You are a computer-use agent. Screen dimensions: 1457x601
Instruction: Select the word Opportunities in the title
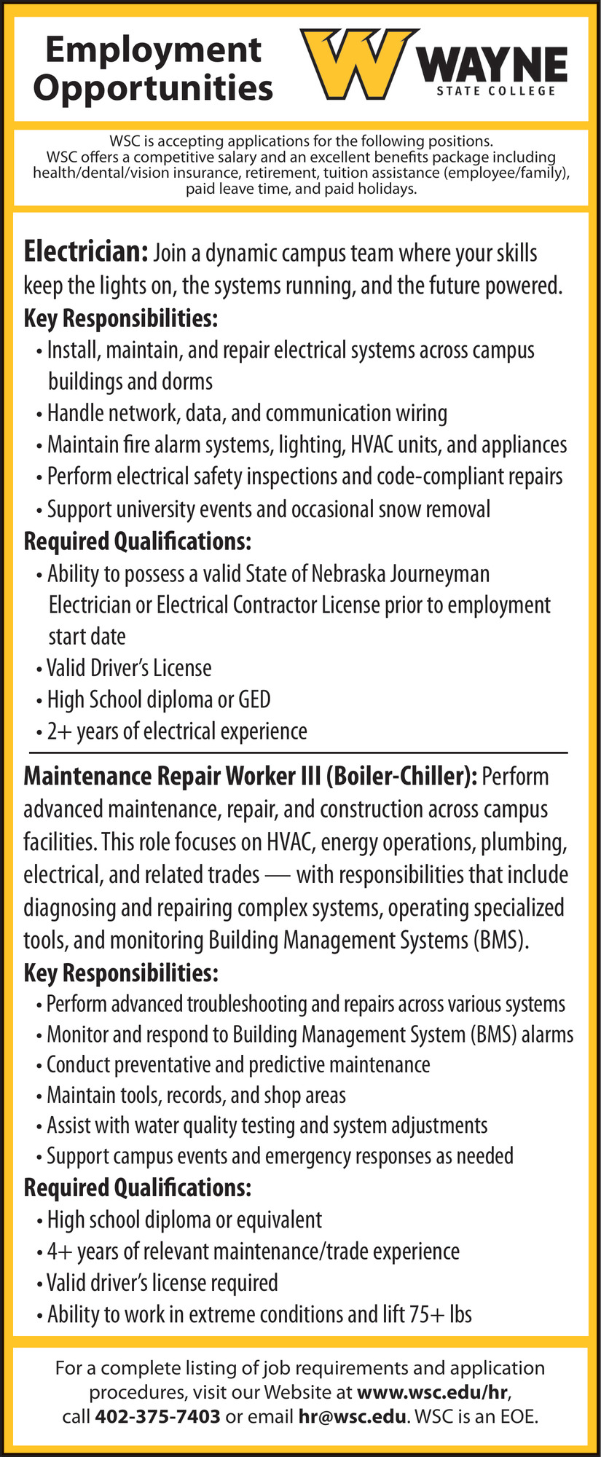click(x=153, y=89)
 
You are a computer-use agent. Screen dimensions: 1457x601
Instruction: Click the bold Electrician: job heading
click(x=86, y=252)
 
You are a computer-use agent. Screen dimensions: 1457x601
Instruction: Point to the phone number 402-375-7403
click(x=157, y=1416)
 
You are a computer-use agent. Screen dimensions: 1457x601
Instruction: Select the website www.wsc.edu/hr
click(x=431, y=1392)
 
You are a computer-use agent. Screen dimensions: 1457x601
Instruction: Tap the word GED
click(x=254, y=699)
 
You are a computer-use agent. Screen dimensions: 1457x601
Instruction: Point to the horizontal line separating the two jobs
click(x=298, y=751)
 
